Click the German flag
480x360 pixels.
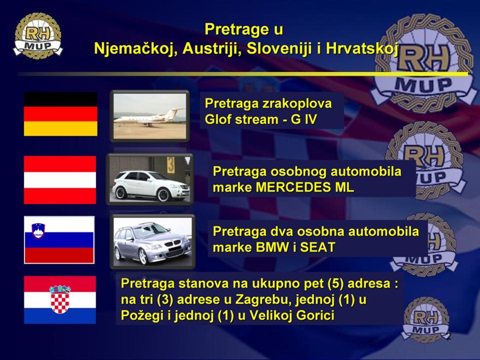[61, 114]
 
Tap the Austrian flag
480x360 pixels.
[60, 180]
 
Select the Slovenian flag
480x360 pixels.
[59, 240]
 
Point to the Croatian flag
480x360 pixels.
[60, 299]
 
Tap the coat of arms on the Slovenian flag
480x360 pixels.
[38, 231]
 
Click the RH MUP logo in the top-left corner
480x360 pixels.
[38, 35]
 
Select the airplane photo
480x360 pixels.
[149, 116]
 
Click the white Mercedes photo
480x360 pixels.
[149, 179]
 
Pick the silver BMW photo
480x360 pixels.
[152, 242]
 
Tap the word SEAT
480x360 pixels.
[317, 247]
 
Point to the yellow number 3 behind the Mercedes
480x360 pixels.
[171, 165]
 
